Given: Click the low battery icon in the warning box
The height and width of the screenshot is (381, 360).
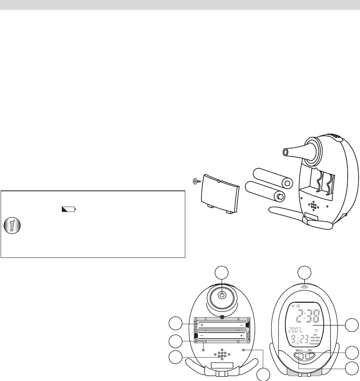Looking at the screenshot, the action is click(x=69, y=209).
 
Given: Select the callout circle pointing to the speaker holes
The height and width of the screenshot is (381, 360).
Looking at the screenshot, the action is click(x=176, y=357).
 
